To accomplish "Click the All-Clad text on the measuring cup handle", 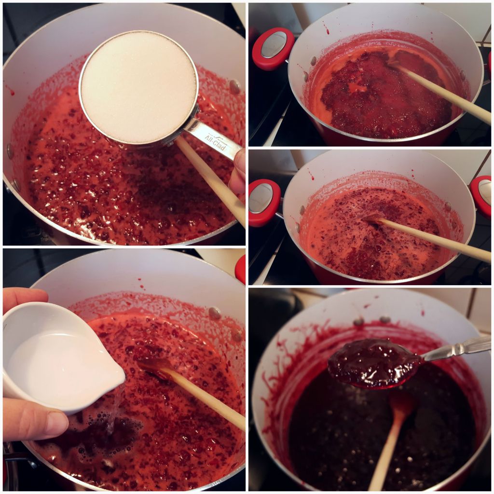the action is coord(216,142).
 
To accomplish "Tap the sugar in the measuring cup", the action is coord(138,87).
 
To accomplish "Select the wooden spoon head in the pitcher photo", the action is coord(154,367).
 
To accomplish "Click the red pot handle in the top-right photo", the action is coord(274,48).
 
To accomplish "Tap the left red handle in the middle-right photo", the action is coord(264,202).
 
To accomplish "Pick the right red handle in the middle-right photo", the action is coord(482,196).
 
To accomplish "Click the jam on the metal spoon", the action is coord(374,362).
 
